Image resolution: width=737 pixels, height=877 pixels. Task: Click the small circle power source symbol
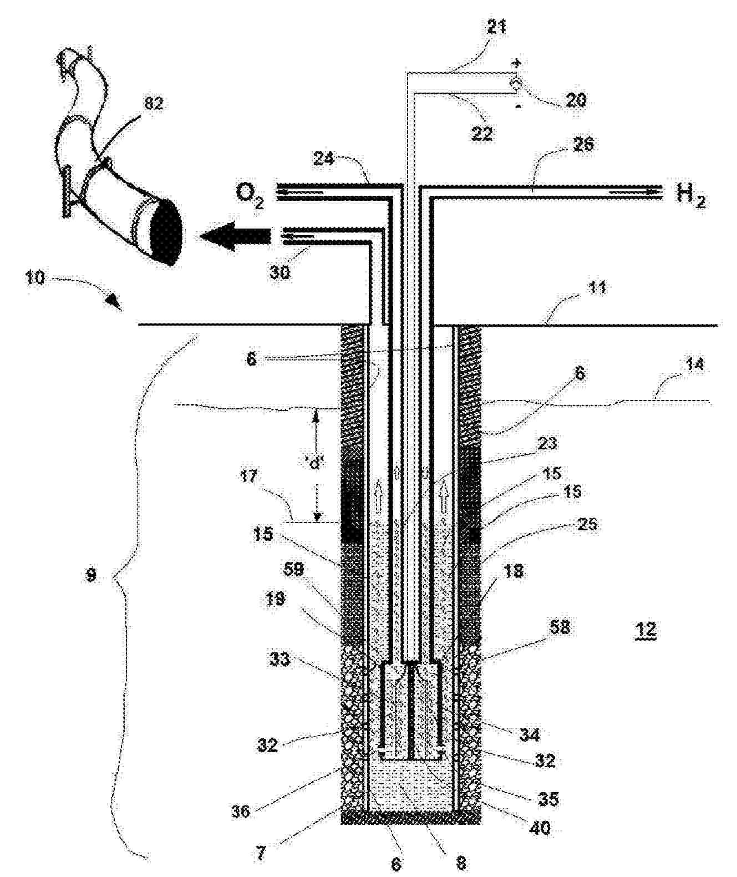515,84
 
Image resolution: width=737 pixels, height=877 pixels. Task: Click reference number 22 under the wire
481,134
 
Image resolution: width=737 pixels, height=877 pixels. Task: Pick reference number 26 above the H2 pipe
580,145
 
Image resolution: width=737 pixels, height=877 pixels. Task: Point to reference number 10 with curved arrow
35,277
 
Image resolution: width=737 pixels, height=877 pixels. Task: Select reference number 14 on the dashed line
694,364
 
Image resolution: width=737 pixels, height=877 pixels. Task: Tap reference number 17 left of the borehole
250,476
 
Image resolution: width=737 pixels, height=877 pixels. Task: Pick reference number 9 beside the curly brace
91,575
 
